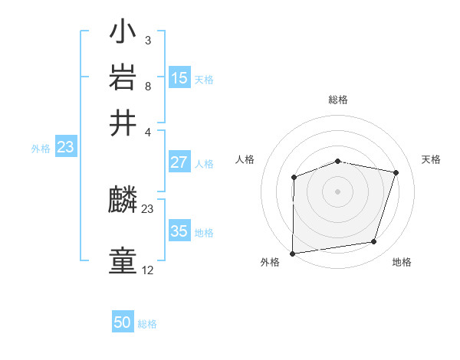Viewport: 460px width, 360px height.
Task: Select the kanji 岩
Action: [x=123, y=78]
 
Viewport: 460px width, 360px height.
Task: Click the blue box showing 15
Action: [x=179, y=77]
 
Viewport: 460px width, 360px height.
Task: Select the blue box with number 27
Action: [x=179, y=162]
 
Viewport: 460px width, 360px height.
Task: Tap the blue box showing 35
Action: [x=179, y=231]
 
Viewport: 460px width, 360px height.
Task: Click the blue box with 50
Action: [x=123, y=322]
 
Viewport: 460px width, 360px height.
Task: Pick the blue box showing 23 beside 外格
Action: [x=65, y=147]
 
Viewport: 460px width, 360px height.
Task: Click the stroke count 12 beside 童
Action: [x=147, y=270]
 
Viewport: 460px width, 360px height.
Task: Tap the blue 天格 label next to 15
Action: [x=203, y=79]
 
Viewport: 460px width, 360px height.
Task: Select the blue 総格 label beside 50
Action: [x=147, y=324]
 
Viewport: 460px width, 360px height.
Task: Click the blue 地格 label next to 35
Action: [x=203, y=233]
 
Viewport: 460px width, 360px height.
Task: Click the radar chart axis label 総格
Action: [x=338, y=100]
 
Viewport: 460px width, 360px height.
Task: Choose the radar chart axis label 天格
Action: [x=431, y=159]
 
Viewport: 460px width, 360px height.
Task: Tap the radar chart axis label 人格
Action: [x=245, y=159]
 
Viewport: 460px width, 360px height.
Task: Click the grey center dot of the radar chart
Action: [x=337, y=191]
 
